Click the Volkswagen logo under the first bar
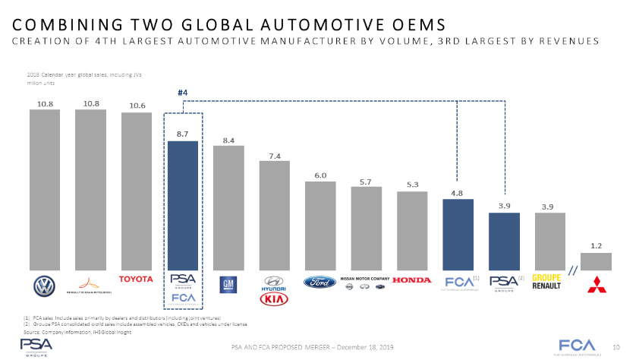tap(45, 286)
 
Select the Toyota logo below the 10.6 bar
tap(137, 279)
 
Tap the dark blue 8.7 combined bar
tap(183, 205)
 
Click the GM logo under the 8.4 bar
tap(228, 285)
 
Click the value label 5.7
tap(366, 182)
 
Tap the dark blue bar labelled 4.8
tap(458, 235)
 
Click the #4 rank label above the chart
tap(183, 93)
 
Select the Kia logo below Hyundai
tap(275, 299)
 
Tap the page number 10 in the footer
tap(616, 347)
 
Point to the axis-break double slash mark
tap(574, 272)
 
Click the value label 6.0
tap(320, 176)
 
